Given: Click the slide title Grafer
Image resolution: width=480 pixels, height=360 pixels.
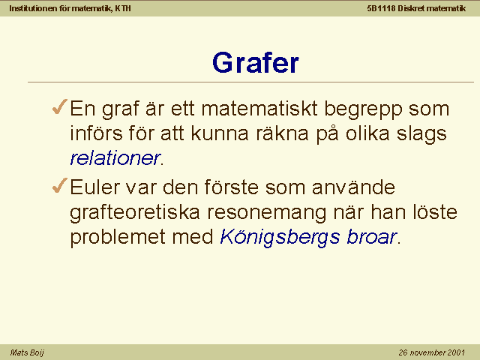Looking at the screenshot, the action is coord(256,63).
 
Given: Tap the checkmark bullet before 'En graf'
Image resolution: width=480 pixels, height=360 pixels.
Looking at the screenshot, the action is coord(60,106).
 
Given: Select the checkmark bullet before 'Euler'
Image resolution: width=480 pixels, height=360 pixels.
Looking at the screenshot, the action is coord(60,185).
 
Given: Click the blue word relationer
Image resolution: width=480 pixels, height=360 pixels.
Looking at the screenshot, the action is coord(115,158).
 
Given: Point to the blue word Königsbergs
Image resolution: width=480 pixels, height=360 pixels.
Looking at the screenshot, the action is coord(280,237).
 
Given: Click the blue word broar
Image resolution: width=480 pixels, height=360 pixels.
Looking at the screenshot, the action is coord(372,237).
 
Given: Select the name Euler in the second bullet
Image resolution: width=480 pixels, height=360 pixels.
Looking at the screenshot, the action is coord(95,187).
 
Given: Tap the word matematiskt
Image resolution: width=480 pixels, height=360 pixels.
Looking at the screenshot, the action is coord(259,108).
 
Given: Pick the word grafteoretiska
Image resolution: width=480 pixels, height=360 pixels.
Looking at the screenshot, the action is coord(135,212).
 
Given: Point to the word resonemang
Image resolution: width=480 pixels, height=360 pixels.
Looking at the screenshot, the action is coord(267,213).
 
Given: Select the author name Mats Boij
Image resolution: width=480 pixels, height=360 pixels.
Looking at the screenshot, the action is coord(27,352).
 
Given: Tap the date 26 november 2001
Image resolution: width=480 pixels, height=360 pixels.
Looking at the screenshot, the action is coord(432,352).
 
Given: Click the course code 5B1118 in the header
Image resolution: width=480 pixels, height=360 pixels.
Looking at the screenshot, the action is coord(382,8).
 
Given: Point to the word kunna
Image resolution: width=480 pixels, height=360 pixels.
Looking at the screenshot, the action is coord(220,133).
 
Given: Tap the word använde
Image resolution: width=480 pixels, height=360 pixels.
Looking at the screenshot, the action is coord(353,187).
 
